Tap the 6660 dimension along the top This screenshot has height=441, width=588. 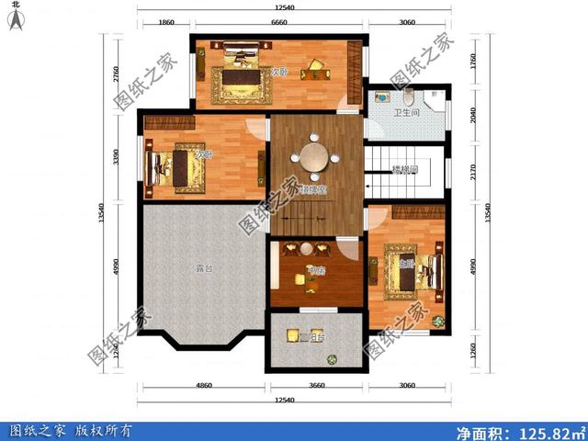click(283, 22)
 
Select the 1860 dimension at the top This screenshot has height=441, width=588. click(165, 22)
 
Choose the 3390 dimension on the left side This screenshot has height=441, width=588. click(117, 157)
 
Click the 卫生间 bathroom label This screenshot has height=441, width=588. click(407, 114)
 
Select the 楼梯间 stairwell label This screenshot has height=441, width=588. click(404, 170)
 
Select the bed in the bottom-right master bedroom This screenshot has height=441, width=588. click(409, 271)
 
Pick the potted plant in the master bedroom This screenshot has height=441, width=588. click(438, 322)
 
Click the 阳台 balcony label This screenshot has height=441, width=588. click(311, 337)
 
